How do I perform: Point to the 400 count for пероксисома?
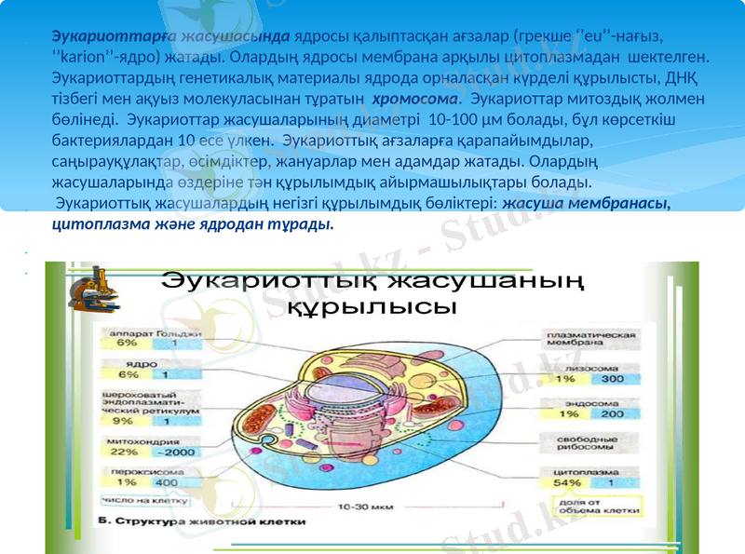click(167, 482)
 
